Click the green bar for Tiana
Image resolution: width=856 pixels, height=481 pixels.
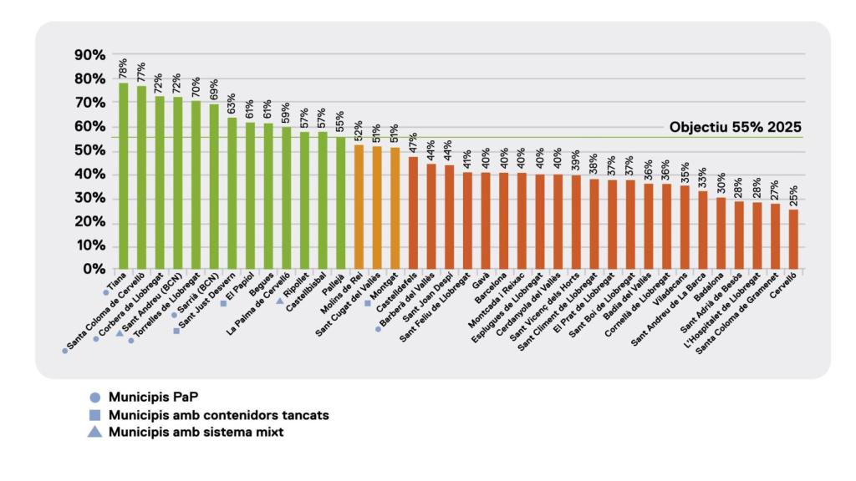tap(124, 175)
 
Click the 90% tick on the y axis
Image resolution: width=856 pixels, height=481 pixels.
tap(89, 55)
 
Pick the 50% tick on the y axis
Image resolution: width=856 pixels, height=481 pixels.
tap(89, 150)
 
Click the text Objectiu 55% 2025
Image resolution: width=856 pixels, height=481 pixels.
tap(735, 128)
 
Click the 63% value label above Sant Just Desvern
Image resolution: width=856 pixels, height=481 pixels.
tap(231, 104)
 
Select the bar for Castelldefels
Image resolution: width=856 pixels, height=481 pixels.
tap(413, 212)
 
